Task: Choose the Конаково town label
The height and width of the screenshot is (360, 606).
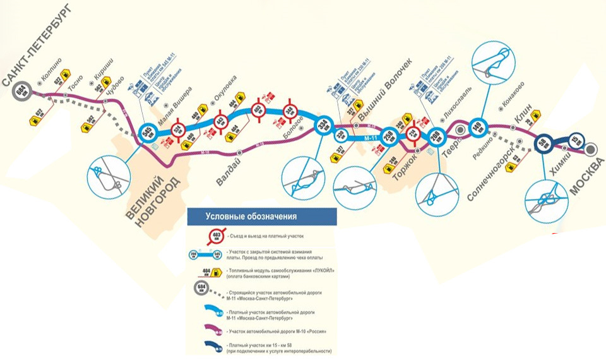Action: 512,95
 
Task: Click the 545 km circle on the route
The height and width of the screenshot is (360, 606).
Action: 148,131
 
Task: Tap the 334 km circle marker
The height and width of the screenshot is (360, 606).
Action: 323,126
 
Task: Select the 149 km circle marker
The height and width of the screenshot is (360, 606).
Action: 478,125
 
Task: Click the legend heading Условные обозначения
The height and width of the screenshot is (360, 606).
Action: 251,217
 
